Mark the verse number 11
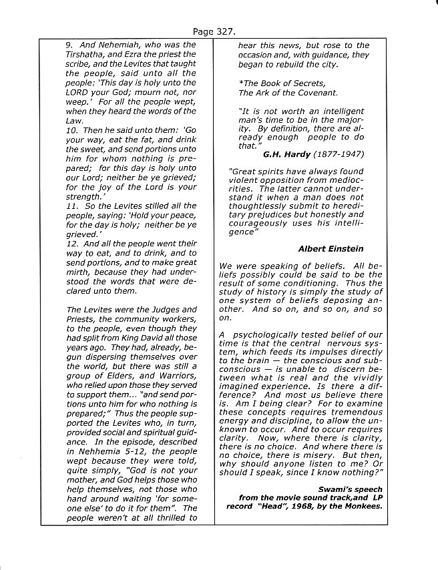tap(70, 206)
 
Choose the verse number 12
tap(70, 244)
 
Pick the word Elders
tap(112, 385)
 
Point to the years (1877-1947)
tap(338, 154)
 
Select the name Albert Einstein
tap(331, 249)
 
